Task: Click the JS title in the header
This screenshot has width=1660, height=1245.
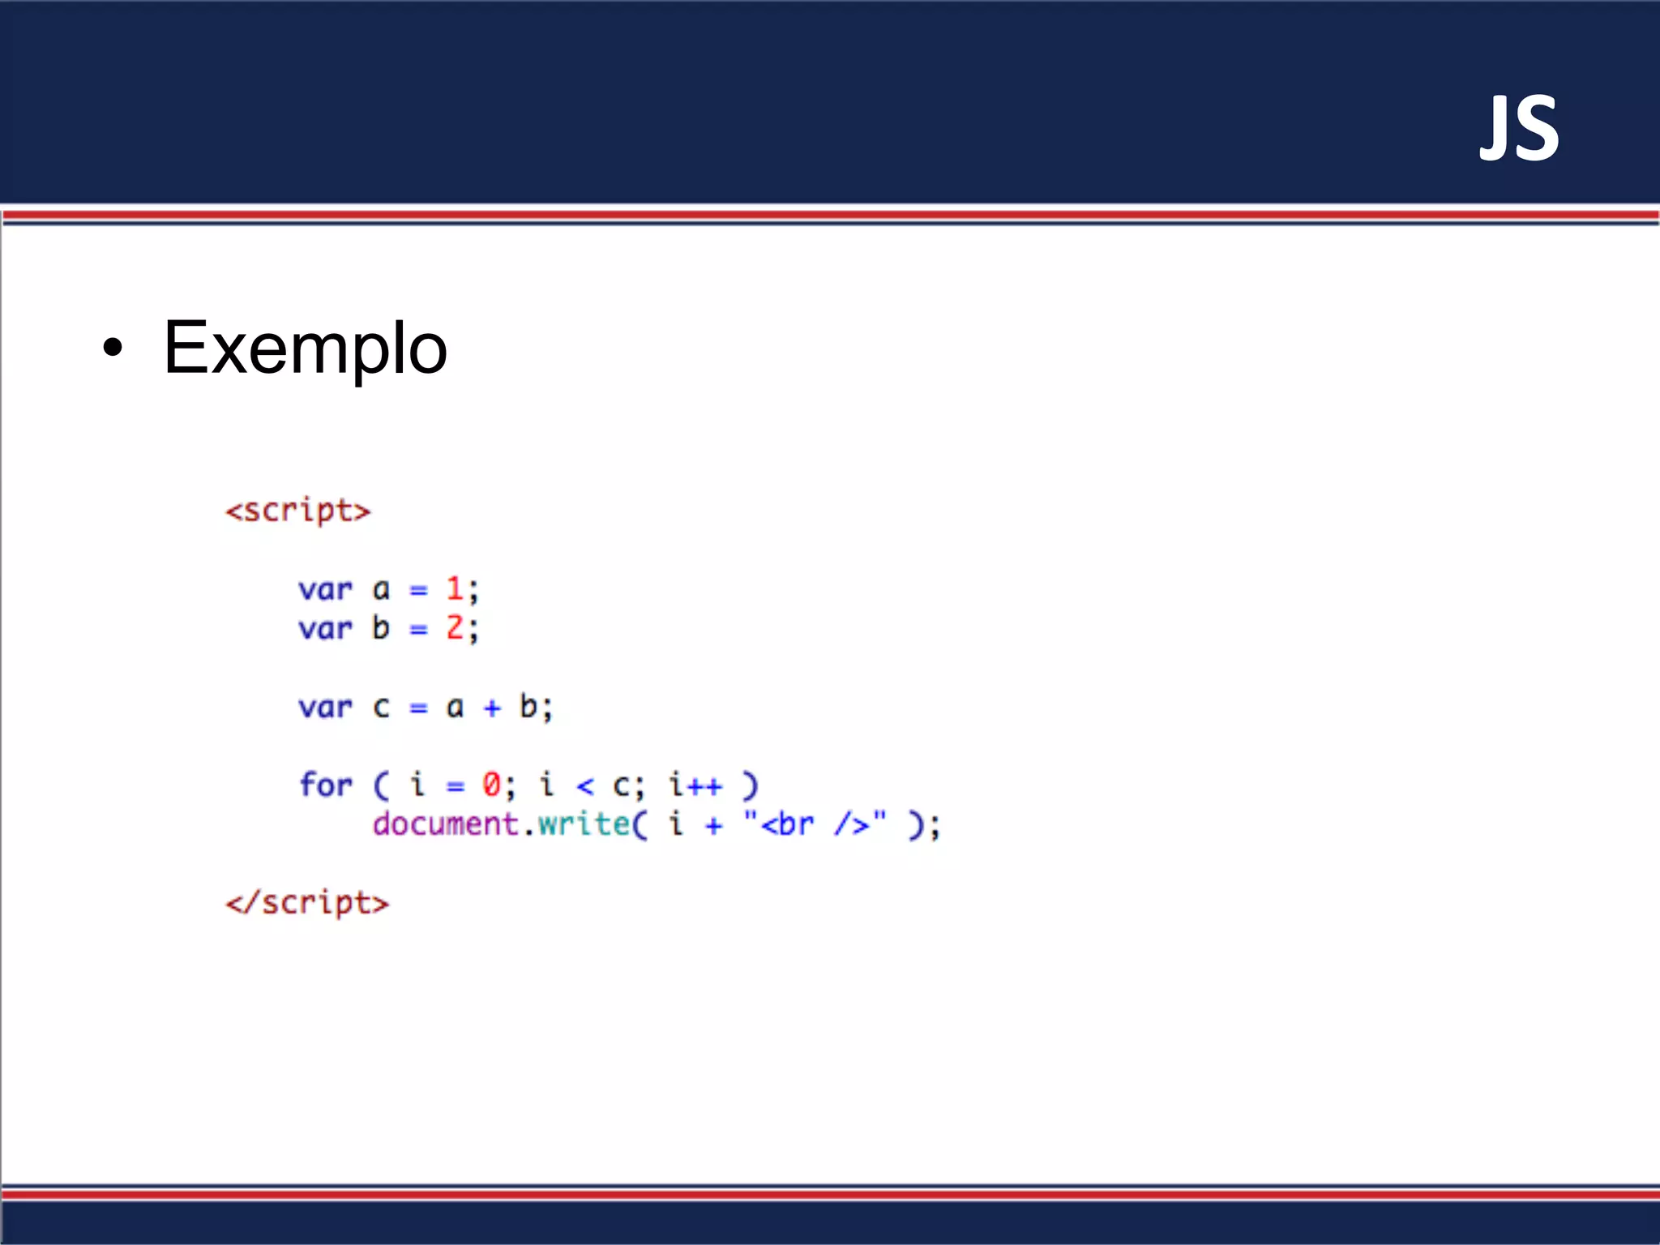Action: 1518,129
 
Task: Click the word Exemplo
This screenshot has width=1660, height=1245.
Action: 305,348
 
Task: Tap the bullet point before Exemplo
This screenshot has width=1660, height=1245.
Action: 113,349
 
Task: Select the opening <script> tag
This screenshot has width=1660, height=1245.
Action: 297,511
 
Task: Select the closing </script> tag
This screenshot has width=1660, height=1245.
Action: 307,903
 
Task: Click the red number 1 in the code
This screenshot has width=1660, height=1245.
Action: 455,588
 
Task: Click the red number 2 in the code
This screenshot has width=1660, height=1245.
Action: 455,627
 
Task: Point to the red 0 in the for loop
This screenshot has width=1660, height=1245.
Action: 491,785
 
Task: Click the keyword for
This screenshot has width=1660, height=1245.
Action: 325,785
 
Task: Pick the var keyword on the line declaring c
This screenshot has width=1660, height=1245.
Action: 325,707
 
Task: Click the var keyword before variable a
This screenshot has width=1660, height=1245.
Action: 325,589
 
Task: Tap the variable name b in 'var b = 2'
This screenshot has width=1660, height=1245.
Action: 381,627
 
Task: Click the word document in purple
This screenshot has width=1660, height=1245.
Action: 445,824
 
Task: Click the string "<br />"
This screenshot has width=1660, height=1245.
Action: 815,824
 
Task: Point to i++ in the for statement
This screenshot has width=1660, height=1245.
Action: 695,785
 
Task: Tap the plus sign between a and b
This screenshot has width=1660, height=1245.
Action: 492,708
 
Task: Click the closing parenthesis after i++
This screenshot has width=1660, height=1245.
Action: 751,785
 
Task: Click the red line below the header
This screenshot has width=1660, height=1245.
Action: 830,215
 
